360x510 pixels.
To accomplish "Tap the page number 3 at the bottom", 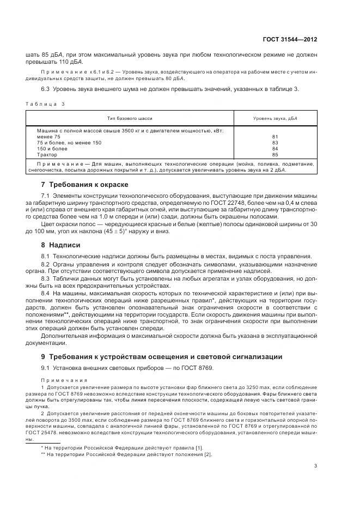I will point(316,465).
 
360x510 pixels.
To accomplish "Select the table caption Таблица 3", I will point(45,104).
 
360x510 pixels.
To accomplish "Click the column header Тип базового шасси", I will point(130,118).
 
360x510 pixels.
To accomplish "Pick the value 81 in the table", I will point(274,137).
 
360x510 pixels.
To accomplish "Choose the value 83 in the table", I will point(274,143).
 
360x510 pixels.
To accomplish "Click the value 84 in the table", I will point(274,148).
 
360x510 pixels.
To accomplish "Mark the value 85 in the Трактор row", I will point(274,154).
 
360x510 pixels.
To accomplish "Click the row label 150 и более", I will point(52,148).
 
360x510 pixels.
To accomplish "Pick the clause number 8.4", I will point(45,293).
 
